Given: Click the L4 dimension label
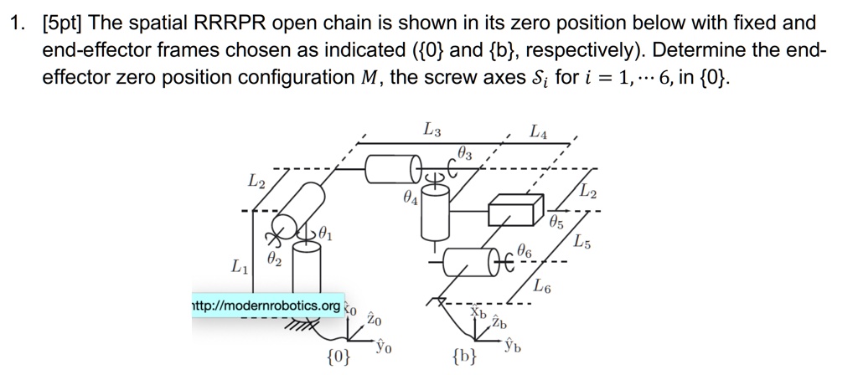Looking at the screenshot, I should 538,131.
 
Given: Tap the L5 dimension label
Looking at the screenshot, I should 582,244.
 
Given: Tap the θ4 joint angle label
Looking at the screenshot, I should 408,201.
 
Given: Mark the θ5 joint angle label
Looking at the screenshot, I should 556,223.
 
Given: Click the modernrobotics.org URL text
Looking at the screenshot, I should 266,306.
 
